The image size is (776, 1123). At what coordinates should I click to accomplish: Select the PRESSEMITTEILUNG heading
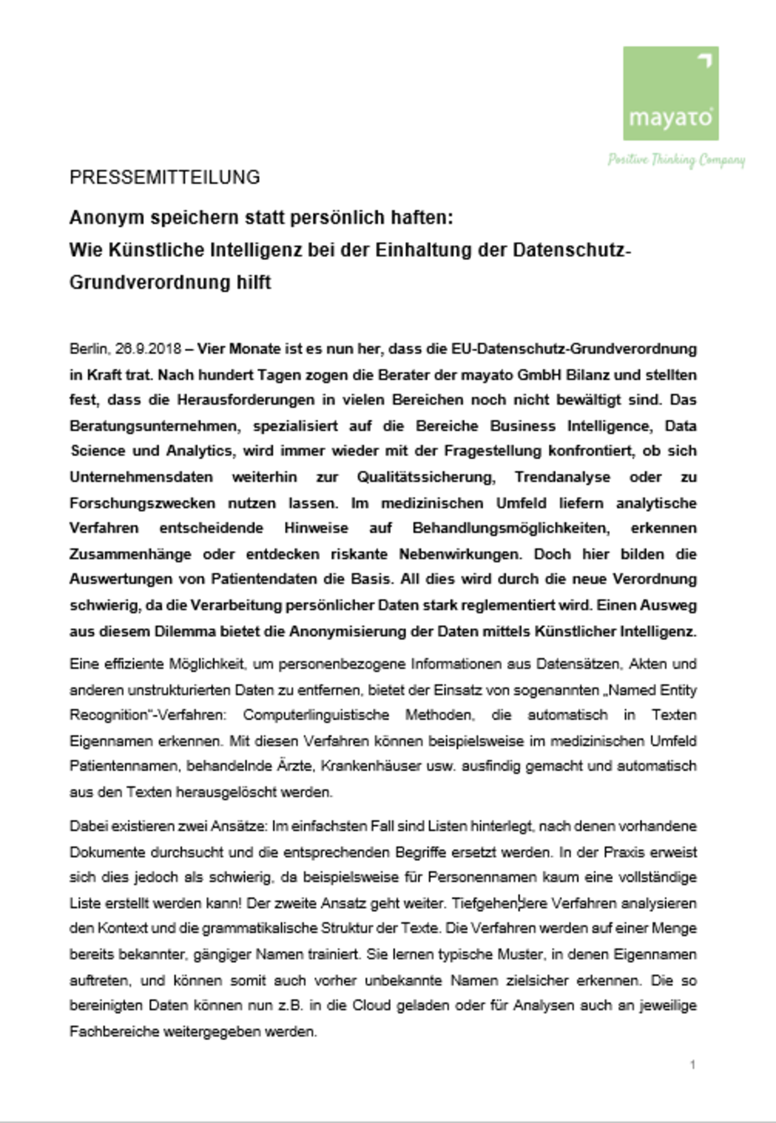pos(165,178)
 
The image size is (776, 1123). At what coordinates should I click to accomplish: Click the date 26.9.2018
pos(148,349)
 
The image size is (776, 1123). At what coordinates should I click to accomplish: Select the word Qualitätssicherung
pos(426,477)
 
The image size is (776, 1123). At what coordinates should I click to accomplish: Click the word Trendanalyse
pos(562,477)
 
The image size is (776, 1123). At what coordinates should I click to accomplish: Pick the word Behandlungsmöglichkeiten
pos(510,528)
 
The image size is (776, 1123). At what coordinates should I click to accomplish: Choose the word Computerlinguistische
pos(316,715)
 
